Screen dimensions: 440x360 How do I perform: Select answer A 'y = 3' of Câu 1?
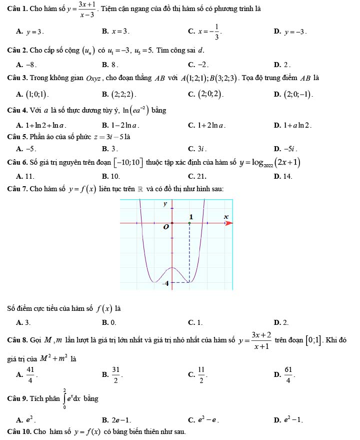[33, 32]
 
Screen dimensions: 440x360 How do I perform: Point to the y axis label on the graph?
[165, 204]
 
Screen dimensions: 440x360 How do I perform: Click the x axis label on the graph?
[226, 216]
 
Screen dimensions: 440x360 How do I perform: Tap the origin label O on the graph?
[166, 227]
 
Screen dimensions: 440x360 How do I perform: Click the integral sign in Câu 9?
[64, 399]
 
